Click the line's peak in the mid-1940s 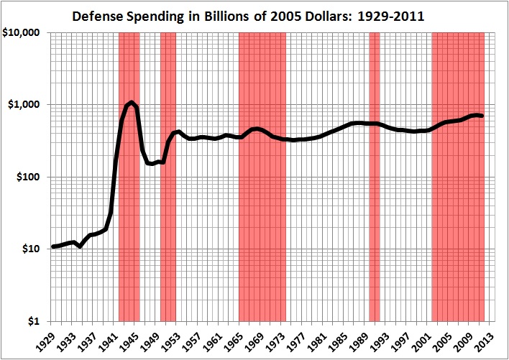[x=132, y=102]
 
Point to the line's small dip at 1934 [x=80, y=246]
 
